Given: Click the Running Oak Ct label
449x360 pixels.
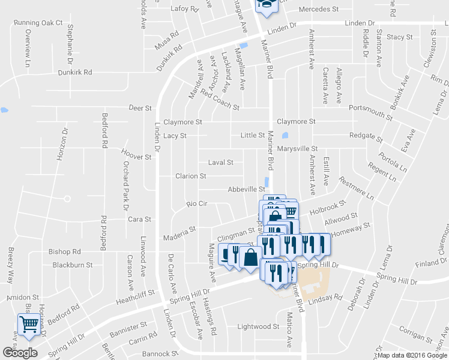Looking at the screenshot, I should pyautogui.click(x=38, y=23).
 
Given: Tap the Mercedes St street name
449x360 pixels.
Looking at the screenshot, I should pyautogui.click(x=319, y=10).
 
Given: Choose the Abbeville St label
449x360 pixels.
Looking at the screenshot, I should pyautogui.click(x=246, y=189).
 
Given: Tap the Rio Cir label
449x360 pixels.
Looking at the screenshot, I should pyautogui.click(x=196, y=204).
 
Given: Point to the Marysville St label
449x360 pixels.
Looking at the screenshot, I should pyautogui.click(x=297, y=148).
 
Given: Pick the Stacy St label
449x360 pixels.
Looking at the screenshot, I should pyautogui.click(x=400, y=37).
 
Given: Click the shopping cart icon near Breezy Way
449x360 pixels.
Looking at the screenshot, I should pyautogui.click(x=29, y=325).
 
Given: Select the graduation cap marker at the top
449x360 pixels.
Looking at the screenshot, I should pyautogui.click(x=265, y=5).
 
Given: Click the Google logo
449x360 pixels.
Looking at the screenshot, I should pyautogui.click(x=20, y=353).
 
